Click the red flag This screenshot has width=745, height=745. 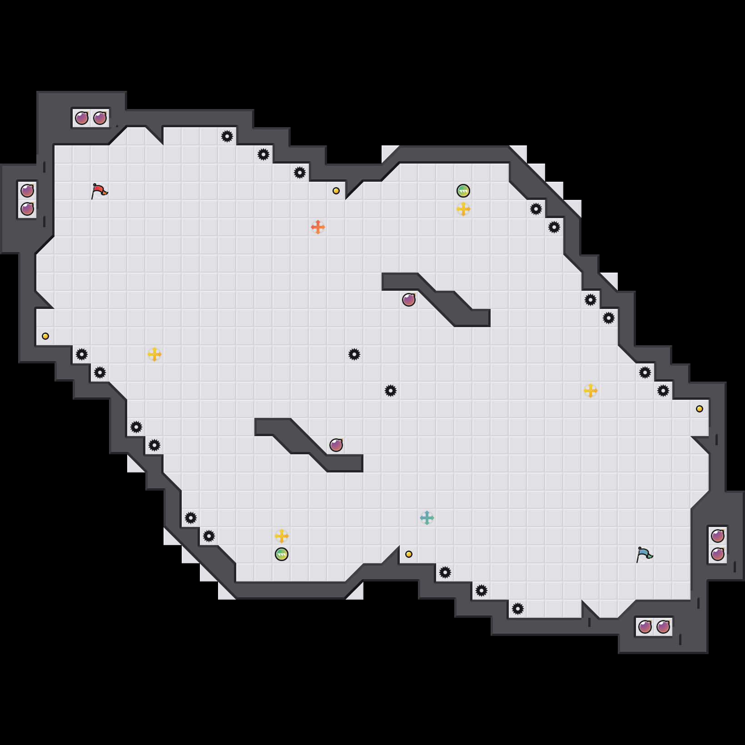pos(99,191)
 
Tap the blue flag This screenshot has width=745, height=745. pos(644,554)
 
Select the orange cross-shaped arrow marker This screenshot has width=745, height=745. pos(318,227)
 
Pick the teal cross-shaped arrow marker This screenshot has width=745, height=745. pos(427,518)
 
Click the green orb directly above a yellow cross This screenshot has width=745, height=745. pos(463,191)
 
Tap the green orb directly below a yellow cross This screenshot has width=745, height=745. pos(282,554)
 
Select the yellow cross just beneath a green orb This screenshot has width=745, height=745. pos(463,209)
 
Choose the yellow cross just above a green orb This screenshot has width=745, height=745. pos(282,536)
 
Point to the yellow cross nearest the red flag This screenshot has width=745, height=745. pos(154,354)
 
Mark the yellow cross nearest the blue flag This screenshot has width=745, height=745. pos(591,391)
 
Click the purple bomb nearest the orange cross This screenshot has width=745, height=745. pos(409,300)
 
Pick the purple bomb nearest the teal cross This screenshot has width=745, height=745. pos(336,445)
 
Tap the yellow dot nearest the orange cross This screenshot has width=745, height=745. pos(336,191)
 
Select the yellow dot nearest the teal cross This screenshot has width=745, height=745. pos(409,554)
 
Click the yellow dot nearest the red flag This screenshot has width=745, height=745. pos(45,336)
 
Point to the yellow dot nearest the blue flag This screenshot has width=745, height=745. pos(700,409)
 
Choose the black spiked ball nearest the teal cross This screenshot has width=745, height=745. pos(445,572)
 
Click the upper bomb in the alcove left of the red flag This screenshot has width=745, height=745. pos(27,191)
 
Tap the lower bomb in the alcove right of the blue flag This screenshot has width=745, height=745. pos(718,554)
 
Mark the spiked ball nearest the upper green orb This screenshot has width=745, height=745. pos(536,209)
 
